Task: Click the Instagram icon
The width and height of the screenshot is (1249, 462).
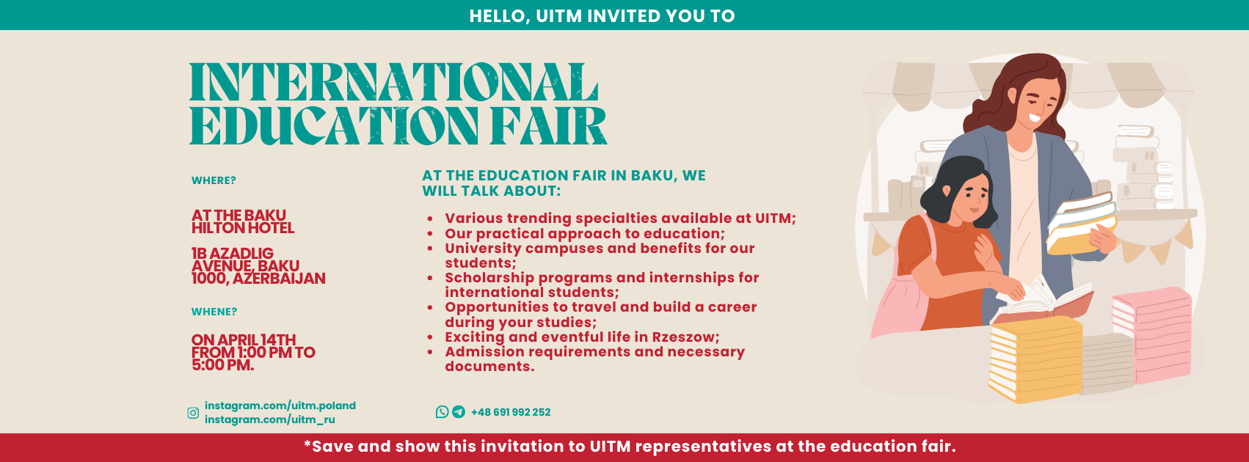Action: click(193, 413)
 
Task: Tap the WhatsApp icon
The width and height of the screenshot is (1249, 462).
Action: click(443, 412)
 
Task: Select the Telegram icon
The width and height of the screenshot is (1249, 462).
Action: click(459, 412)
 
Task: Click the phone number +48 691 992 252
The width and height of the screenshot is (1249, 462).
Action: click(511, 412)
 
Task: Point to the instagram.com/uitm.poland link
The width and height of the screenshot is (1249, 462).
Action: click(280, 406)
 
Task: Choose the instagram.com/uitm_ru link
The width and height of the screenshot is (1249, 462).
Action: click(270, 419)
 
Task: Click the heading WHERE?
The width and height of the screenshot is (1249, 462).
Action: click(214, 180)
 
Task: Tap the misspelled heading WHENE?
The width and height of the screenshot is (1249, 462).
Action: click(214, 312)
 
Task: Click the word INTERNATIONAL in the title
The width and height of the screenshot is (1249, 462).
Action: click(393, 82)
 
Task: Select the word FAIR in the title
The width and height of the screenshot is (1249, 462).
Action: click(549, 126)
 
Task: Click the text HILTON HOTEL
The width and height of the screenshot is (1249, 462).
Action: click(243, 228)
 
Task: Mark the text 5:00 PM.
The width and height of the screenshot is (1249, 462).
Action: click(222, 366)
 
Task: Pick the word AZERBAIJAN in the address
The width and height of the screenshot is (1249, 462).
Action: click(278, 279)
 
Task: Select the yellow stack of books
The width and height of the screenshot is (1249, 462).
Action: click(1035, 359)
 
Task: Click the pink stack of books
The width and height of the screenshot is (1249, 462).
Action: click(1152, 335)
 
